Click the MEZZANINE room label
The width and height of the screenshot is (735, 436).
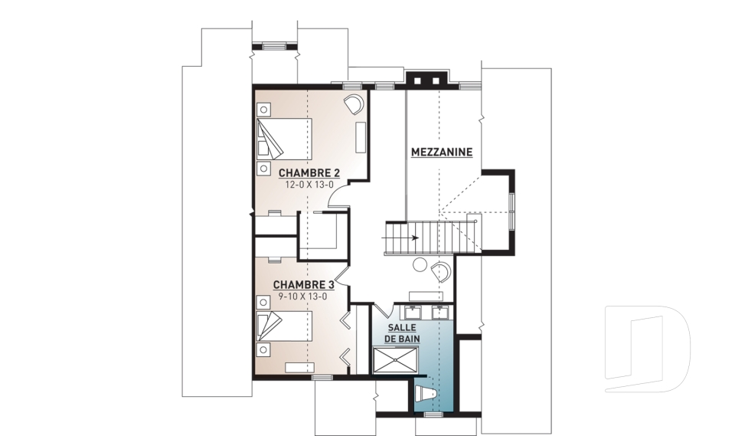442,152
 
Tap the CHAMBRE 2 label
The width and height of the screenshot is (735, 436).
309,172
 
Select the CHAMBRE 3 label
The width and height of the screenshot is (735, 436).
303,285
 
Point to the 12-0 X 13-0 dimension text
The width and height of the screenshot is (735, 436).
309,185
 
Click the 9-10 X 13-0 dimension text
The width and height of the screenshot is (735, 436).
303,296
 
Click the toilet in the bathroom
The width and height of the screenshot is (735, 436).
426,394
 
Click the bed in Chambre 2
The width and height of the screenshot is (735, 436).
284,139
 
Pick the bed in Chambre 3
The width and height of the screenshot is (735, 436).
284,326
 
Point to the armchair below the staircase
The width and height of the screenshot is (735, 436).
441,271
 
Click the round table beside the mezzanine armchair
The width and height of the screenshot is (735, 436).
419,264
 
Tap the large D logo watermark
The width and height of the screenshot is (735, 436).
647,349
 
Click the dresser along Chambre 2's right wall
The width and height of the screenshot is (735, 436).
361,137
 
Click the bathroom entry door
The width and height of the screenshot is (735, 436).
382,310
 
